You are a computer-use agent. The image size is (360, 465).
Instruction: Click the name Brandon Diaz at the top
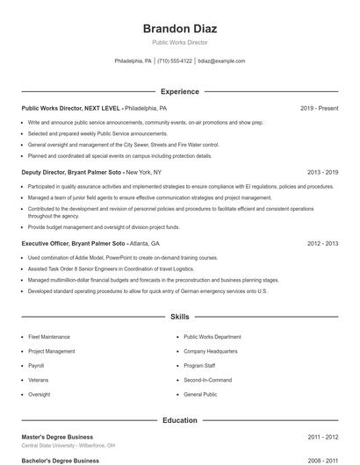click(x=180, y=28)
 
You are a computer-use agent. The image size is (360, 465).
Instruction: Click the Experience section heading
click(x=180, y=91)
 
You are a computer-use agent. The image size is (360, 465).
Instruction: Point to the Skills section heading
click(x=180, y=316)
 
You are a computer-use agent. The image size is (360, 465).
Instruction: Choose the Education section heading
click(x=180, y=420)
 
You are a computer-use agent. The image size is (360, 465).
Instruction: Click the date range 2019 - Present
click(x=319, y=108)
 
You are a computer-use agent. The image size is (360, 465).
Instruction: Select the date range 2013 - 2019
click(x=322, y=172)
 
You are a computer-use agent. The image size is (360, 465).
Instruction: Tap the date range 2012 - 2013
click(x=322, y=243)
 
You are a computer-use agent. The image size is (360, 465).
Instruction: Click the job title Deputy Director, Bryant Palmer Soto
click(x=73, y=172)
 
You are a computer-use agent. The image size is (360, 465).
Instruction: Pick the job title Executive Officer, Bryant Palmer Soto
click(x=74, y=243)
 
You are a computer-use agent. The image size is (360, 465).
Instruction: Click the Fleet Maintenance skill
click(x=49, y=336)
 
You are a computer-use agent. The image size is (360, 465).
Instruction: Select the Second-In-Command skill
click(x=207, y=380)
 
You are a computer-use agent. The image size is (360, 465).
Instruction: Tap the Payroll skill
click(x=36, y=365)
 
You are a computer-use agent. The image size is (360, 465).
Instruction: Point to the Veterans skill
click(x=39, y=380)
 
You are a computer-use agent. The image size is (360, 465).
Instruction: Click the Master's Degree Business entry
click(x=57, y=436)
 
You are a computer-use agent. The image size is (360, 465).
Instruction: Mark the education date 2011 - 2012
click(x=322, y=436)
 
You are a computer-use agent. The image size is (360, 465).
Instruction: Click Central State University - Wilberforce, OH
click(x=68, y=445)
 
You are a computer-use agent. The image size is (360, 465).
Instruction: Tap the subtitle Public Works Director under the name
click(x=180, y=42)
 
